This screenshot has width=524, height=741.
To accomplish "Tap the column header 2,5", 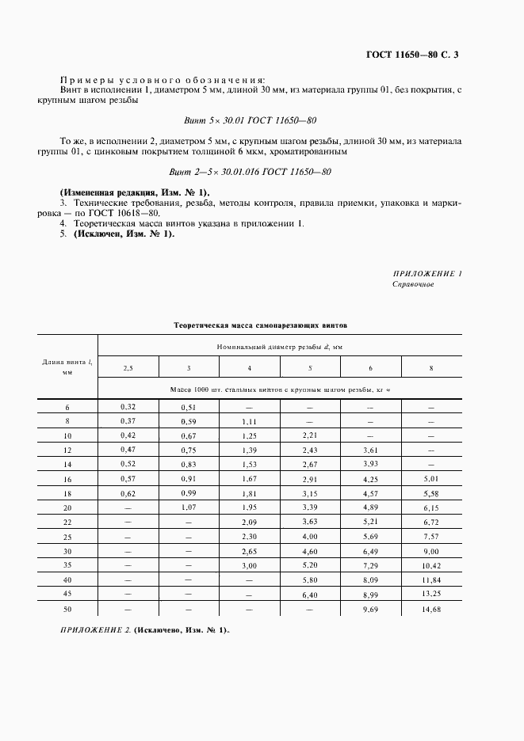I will pos(128,368).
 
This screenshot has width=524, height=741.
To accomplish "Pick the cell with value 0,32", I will pos(128,406).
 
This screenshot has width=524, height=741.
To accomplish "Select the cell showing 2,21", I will pos(310,435).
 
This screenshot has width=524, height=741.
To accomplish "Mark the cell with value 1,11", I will pos(250,421).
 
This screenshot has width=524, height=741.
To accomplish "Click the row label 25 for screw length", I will pos(67,537).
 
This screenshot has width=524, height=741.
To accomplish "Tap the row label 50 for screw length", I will pos(67,609).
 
